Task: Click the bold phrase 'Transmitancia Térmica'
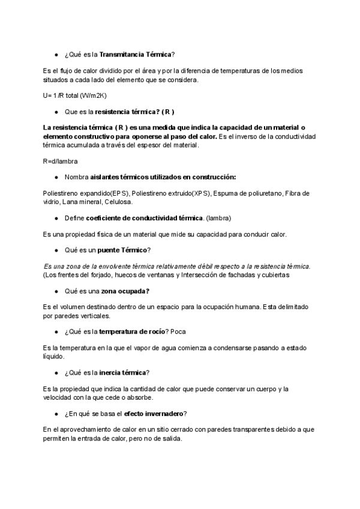(x=135, y=55)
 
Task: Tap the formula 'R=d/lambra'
(x=61, y=161)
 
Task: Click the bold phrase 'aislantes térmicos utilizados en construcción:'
(x=163, y=177)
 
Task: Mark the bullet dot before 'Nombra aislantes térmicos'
(x=56, y=177)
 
